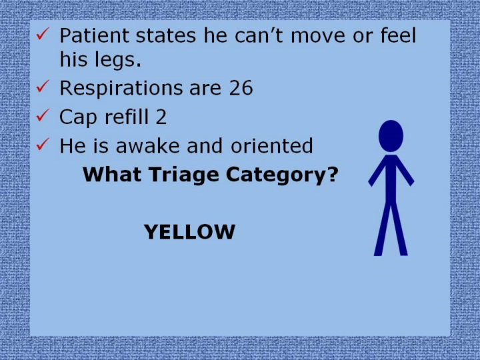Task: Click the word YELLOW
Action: (189, 232)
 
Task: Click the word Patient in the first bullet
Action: (94, 35)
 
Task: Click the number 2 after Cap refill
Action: (161, 117)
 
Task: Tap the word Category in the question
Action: (282, 175)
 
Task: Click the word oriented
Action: (272, 146)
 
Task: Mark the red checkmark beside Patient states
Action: (43, 34)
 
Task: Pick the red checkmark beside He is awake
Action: (43, 144)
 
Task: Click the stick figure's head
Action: (391, 136)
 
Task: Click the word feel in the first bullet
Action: (398, 35)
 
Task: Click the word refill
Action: (127, 116)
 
